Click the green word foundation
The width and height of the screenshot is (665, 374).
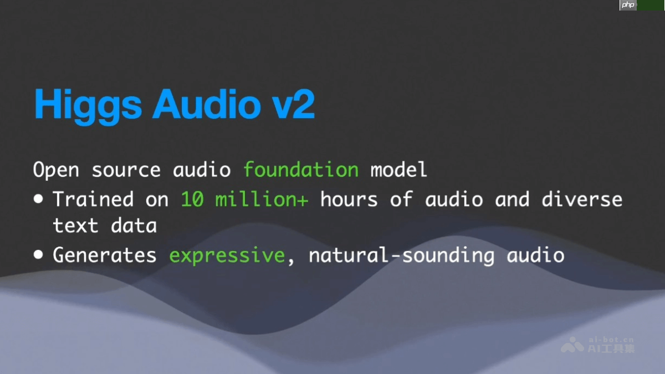[x=301, y=170]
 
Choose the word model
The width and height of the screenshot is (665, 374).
[x=399, y=170]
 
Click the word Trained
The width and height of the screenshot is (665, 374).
[x=93, y=199]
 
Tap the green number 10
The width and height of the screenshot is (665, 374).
[x=192, y=199]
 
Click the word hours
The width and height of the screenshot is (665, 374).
[x=349, y=199]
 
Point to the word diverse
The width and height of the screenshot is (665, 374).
[x=582, y=199]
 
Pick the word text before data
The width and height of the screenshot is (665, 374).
[x=75, y=226]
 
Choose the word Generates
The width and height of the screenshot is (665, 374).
[x=105, y=255]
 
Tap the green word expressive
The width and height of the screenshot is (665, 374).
[x=227, y=255]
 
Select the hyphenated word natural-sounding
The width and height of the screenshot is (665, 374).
[x=401, y=255]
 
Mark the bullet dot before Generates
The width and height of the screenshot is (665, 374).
[x=38, y=255]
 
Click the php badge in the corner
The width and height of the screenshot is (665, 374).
[x=628, y=5]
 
